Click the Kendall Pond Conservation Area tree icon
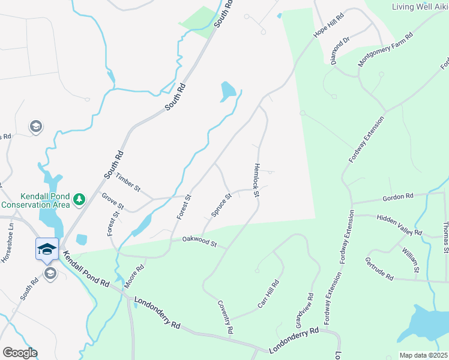tap(79, 198)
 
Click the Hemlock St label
tap(256, 180)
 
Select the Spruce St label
tap(221, 205)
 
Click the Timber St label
tap(127, 182)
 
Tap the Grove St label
tap(112, 201)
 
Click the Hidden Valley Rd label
tap(399, 224)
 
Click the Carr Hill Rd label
tap(268, 295)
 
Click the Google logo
tap(19, 352)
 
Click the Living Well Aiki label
tap(420, 7)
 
